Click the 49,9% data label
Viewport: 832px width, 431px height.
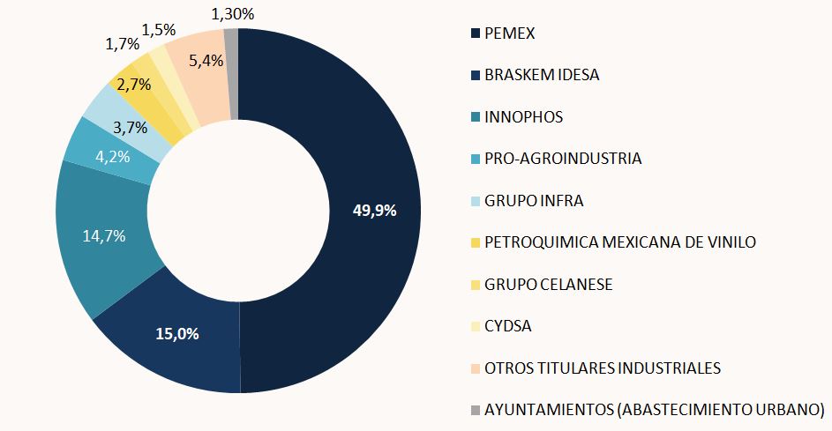click(x=375, y=211)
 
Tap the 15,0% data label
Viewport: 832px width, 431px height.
click(x=177, y=333)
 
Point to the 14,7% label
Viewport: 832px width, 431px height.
click(x=104, y=236)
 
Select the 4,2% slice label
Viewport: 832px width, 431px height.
click(x=113, y=157)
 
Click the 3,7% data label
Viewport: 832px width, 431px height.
click(x=131, y=127)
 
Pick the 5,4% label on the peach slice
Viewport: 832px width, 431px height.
click(x=206, y=61)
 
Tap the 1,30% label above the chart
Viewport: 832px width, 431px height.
click(x=232, y=14)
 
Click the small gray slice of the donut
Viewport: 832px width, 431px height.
click(x=231, y=74)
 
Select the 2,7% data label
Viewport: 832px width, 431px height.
click(x=134, y=85)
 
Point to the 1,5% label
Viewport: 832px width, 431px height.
click(x=159, y=30)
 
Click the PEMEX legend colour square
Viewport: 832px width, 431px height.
click(x=476, y=33)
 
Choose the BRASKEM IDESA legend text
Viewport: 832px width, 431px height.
click(x=542, y=75)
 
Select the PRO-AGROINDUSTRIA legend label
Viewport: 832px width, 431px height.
click(x=563, y=159)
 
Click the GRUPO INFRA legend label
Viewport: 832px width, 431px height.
click(x=534, y=200)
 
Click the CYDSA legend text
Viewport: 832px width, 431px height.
click(x=508, y=326)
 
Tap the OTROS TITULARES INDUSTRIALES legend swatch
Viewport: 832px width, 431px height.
click(x=476, y=368)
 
